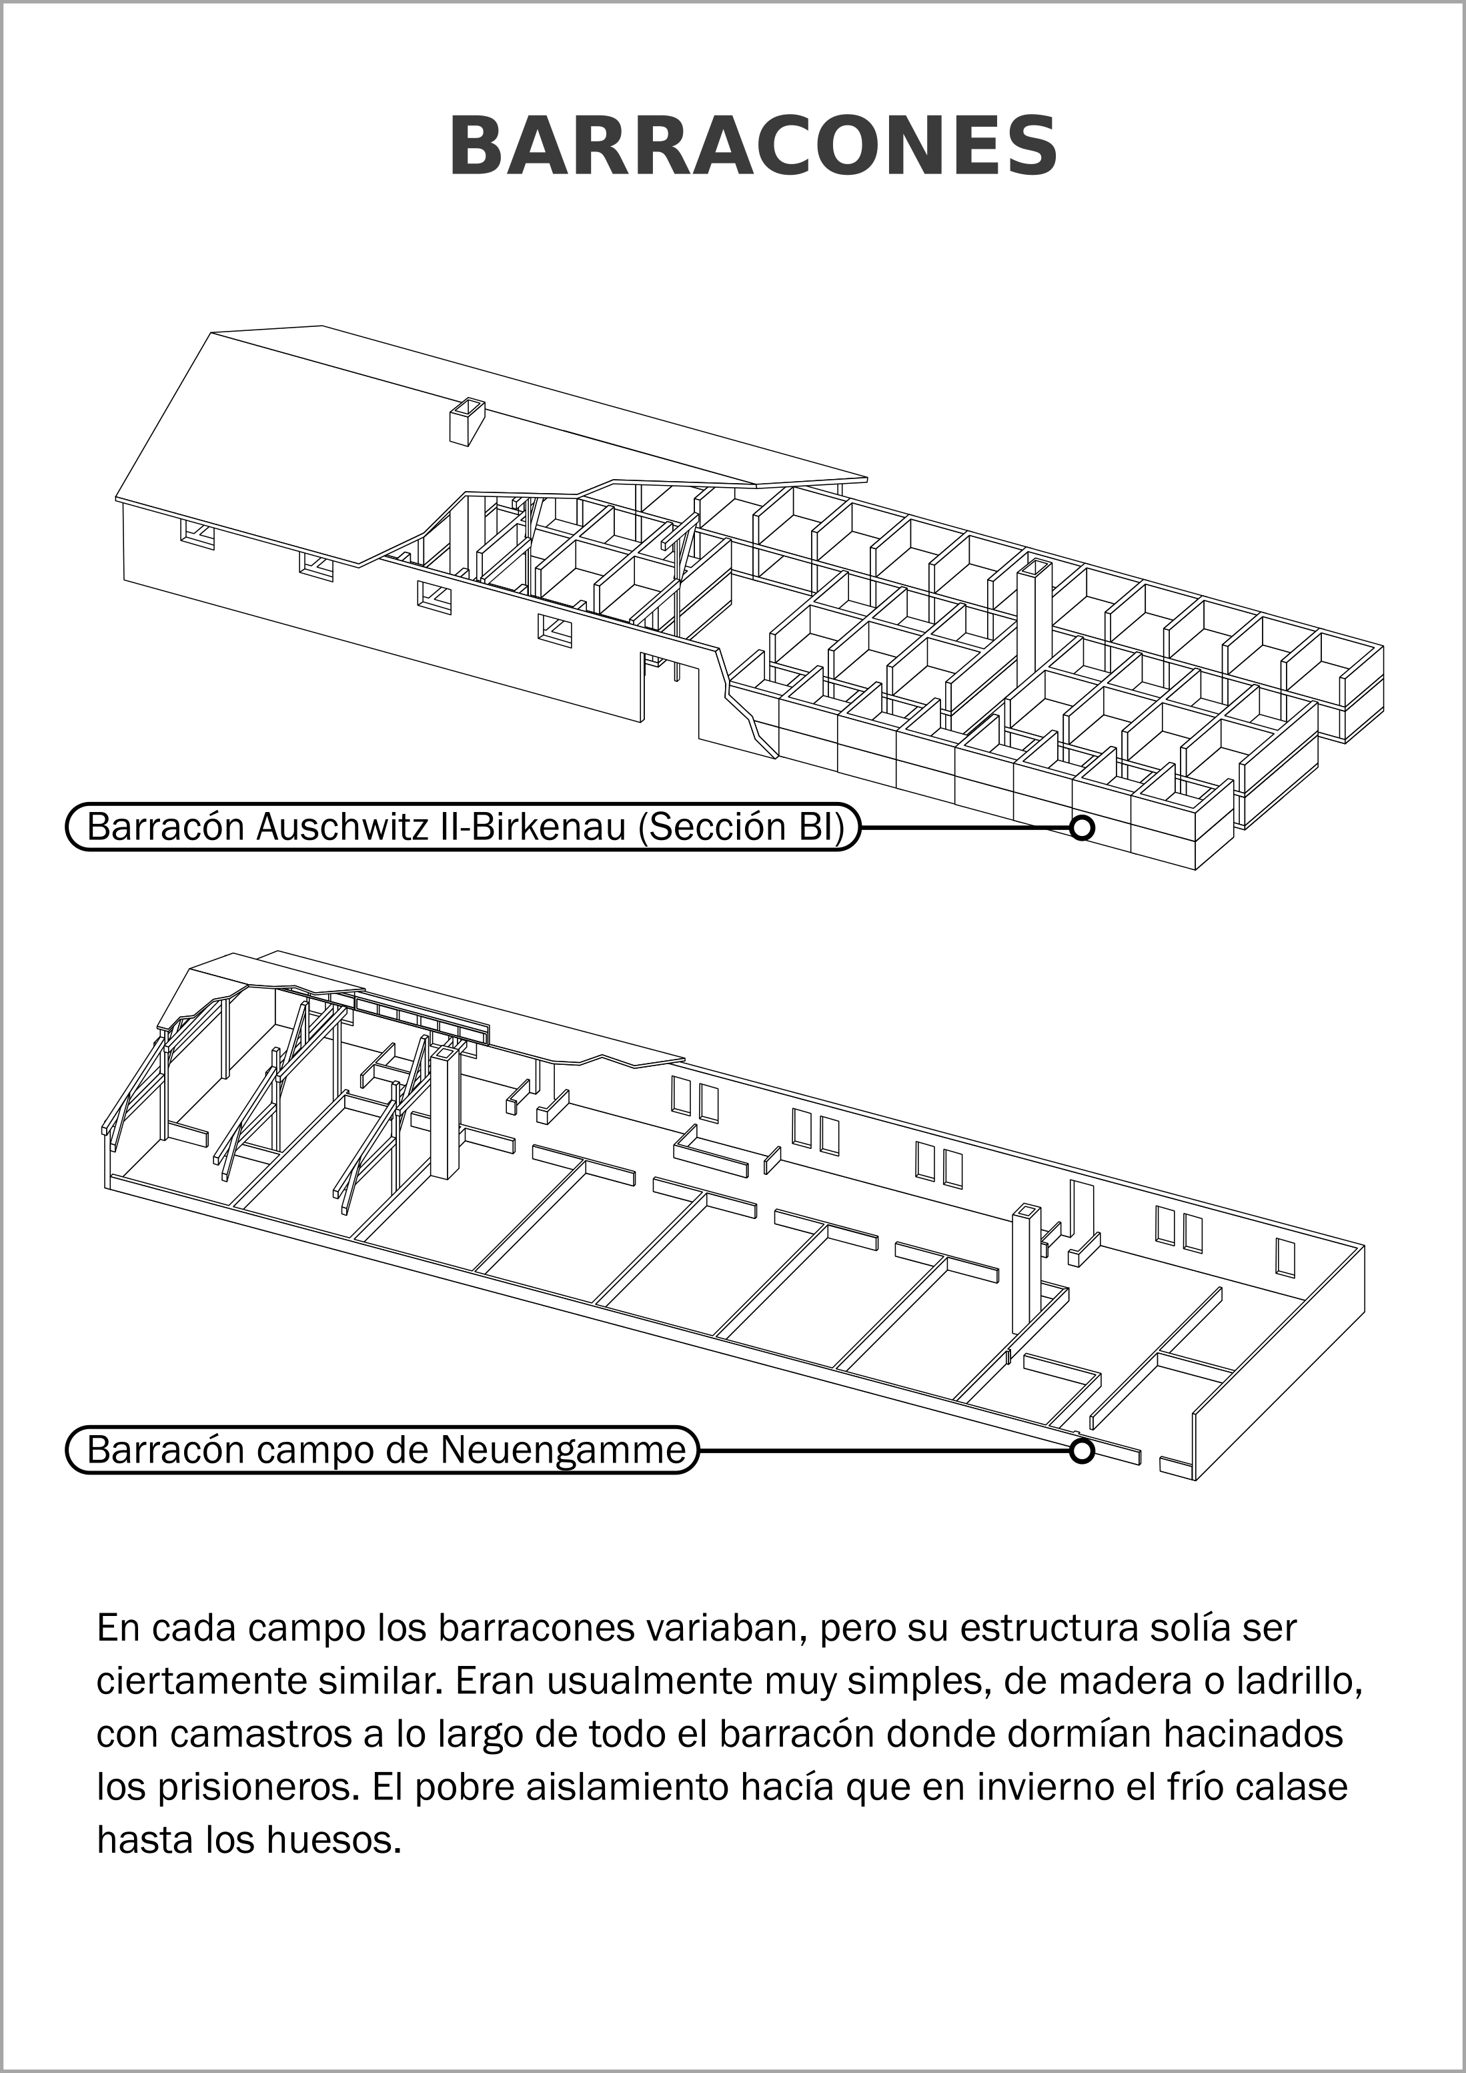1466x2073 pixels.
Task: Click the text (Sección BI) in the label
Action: point(740,827)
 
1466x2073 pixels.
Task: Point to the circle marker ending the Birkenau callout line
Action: point(1081,827)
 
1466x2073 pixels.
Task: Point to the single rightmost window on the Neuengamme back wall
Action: point(1285,1258)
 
